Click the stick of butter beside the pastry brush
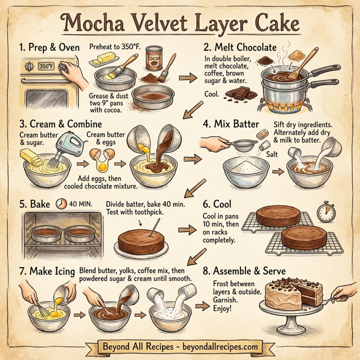pyautogui.click(x=104, y=59)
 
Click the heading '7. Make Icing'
pyautogui.click(x=41, y=271)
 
